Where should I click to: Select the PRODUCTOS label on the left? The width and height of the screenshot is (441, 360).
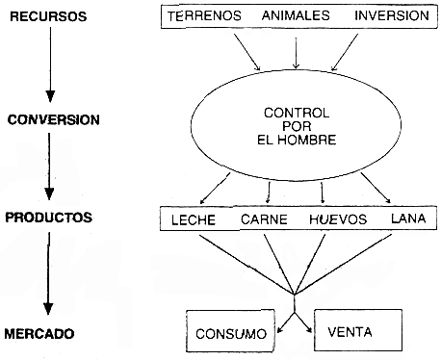[48, 218]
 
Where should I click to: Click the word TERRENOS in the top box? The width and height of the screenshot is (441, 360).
[205, 17]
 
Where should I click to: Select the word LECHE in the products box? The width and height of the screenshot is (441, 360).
[193, 219]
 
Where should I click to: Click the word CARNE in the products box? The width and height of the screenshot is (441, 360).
[263, 219]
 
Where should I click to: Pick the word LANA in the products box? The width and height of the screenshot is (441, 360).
[406, 219]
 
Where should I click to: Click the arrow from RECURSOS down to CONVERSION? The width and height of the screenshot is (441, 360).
[50, 63]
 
